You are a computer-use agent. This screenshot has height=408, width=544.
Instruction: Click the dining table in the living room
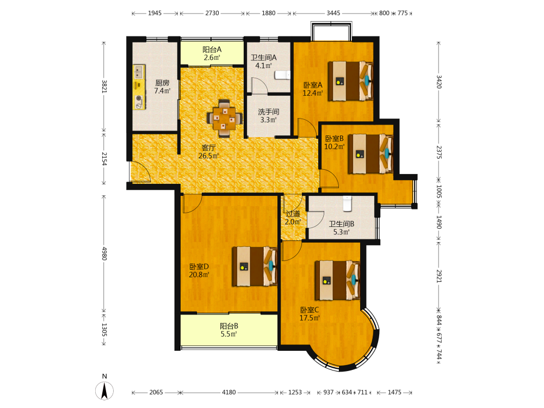click(225, 119)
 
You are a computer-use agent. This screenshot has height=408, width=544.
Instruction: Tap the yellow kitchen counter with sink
click(139, 86)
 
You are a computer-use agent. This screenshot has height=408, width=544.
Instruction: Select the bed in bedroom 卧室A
click(350, 81)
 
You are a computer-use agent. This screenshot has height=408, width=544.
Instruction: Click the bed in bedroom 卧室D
click(255, 266)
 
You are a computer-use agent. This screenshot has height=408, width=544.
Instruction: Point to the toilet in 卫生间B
click(347, 203)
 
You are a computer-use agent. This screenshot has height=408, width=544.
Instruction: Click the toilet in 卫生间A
click(282, 75)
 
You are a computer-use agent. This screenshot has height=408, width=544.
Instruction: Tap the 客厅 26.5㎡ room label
click(208, 152)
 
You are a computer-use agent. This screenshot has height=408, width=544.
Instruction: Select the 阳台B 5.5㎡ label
click(228, 330)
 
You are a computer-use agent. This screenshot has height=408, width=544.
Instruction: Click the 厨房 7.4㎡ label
click(162, 86)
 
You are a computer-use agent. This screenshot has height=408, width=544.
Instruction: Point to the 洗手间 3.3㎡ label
click(269, 116)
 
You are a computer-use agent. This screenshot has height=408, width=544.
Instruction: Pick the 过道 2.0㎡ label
click(293, 218)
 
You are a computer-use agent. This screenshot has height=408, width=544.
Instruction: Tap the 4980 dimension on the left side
click(104, 254)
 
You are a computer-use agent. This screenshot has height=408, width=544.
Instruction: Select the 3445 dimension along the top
click(333, 13)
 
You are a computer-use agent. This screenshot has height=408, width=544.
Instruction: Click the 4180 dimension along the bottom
click(229, 392)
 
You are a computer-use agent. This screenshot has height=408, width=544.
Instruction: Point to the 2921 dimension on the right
click(439, 276)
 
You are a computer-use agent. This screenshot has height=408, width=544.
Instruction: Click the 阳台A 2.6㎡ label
click(212, 54)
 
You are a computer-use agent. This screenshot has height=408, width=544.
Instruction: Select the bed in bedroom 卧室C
click(338, 280)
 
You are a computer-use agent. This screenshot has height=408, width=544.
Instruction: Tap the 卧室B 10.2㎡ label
click(335, 143)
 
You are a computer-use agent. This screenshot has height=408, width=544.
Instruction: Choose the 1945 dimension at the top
click(154, 13)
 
